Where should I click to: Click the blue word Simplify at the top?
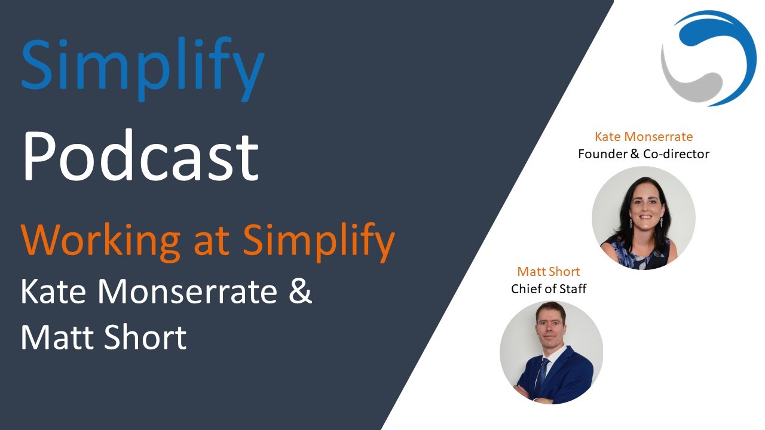[x=142, y=66]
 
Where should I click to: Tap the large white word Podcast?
[x=140, y=156]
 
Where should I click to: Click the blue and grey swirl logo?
[x=709, y=58]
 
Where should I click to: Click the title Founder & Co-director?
[x=644, y=154]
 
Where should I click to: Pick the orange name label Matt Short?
[x=549, y=272]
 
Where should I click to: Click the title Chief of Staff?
[x=549, y=289]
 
